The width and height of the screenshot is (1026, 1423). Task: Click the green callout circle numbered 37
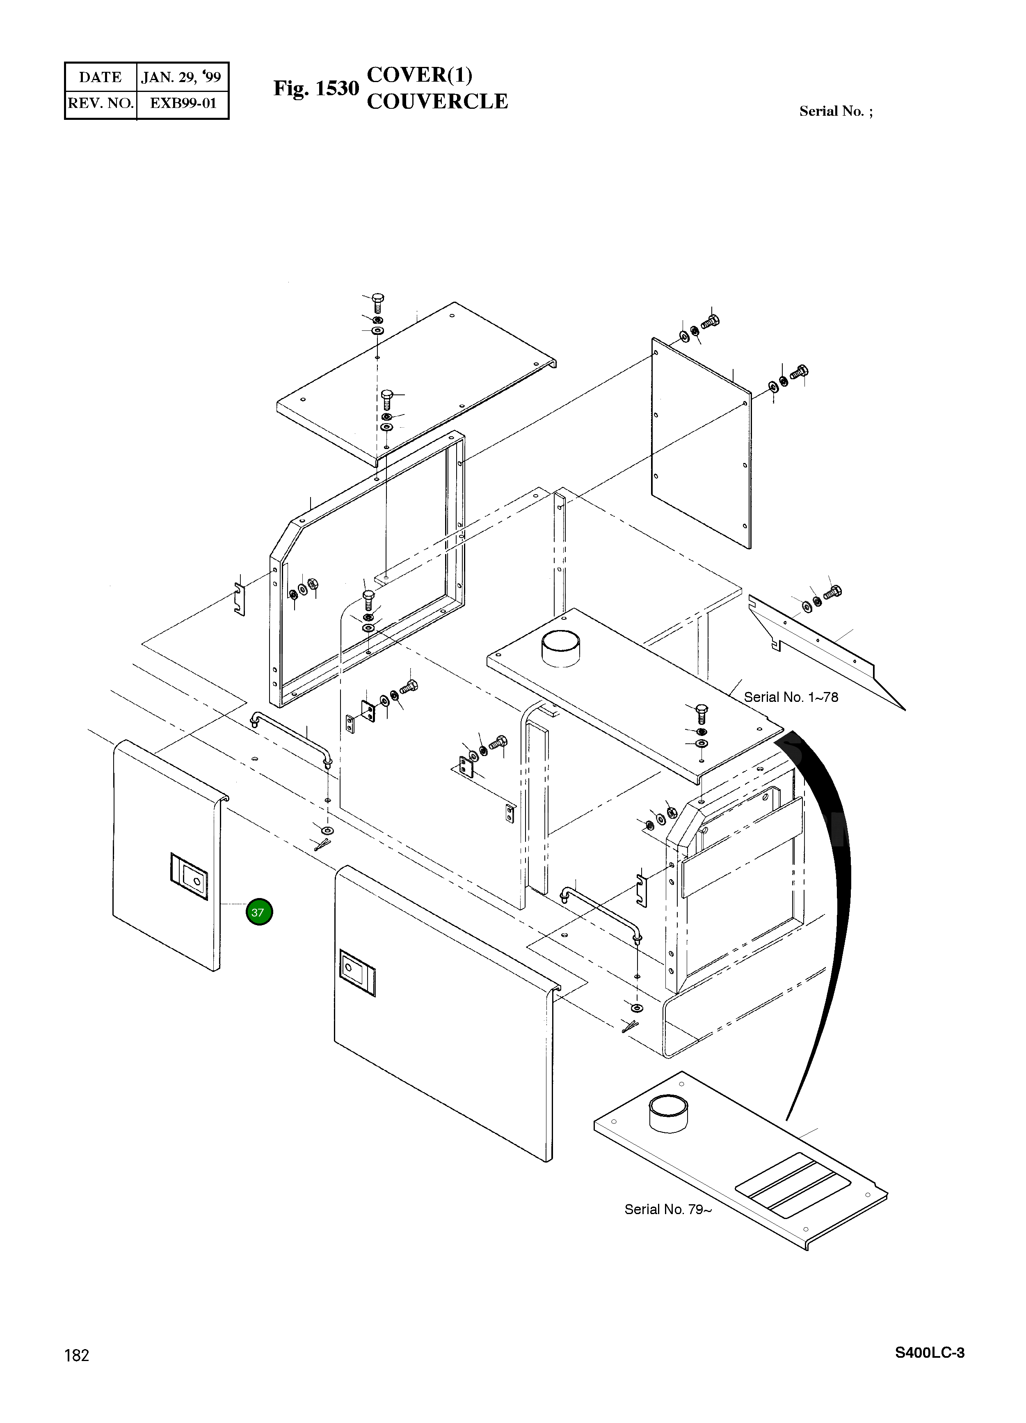(259, 912)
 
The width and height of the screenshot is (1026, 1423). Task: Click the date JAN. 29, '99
(181, 77)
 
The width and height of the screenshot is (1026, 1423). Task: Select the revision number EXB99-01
(183, 103)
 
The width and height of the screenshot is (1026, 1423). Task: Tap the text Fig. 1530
(316, 89)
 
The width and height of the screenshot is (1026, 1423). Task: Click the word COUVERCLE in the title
(437, 102)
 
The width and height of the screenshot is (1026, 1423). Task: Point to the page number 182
(77, 1355)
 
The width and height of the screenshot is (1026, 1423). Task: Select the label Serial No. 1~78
(791, 697)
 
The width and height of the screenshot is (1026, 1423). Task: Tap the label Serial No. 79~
(668, 1209)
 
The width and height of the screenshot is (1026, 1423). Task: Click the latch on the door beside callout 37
(189, 877)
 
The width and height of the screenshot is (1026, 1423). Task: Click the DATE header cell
(101, 77)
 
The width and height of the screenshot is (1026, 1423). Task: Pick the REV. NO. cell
(101, 103)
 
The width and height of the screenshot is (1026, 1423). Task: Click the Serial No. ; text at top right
(835, 111)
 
